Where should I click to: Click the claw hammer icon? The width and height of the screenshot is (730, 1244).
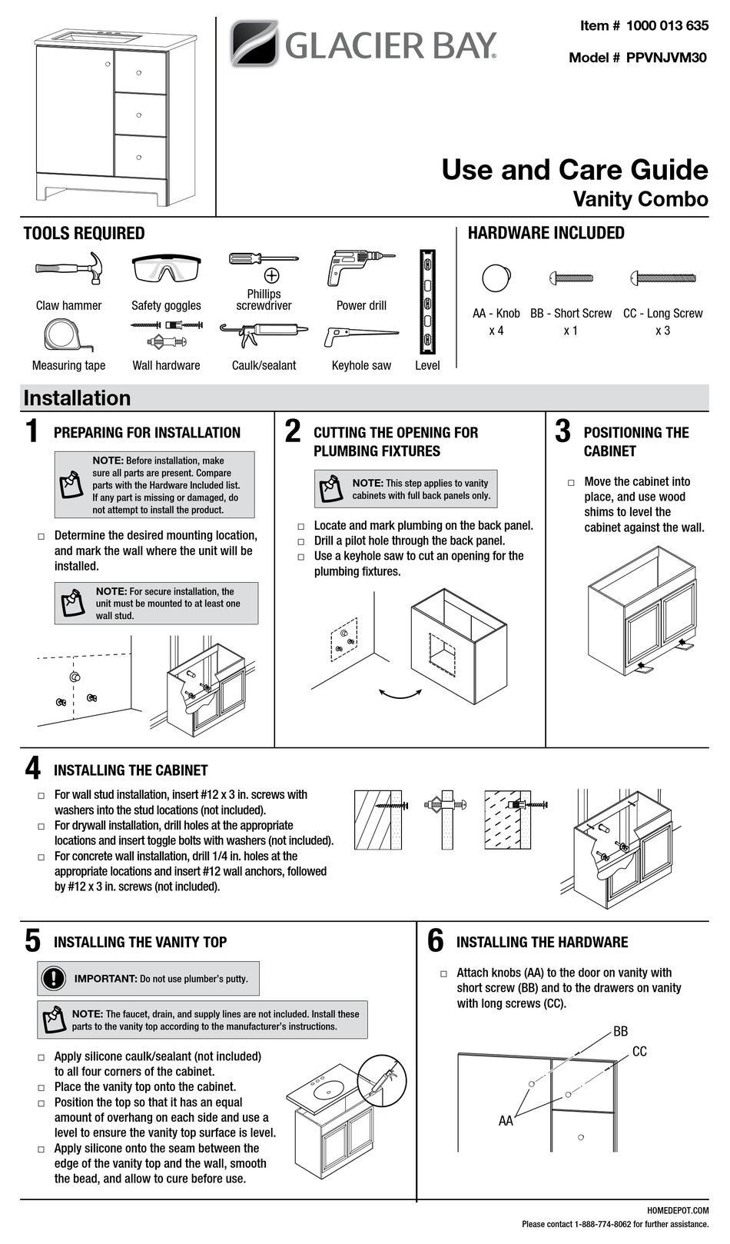point(68,270)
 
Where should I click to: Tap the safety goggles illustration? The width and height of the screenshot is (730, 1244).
point(166,270)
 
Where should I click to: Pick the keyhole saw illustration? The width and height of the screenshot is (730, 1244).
point(360,337)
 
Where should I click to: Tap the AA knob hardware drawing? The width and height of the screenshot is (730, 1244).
point(496,278)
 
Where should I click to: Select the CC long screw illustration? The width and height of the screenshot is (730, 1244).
point(662,278)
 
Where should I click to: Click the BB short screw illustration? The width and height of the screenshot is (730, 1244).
point(571,278)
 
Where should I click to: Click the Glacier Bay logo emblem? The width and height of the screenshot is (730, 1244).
point(254,43)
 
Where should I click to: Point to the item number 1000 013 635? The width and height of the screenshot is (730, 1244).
point(666,25)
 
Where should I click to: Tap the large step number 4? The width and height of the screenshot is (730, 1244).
point(32,769)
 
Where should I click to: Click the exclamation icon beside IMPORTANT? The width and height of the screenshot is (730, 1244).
point(53,978)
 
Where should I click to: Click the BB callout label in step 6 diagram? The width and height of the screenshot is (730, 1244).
point(620,1031)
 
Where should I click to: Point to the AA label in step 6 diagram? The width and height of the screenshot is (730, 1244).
point(506,1120)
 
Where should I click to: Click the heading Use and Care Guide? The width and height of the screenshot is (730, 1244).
point(574,170)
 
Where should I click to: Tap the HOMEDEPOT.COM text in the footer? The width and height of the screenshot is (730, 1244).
point(684,1210)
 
